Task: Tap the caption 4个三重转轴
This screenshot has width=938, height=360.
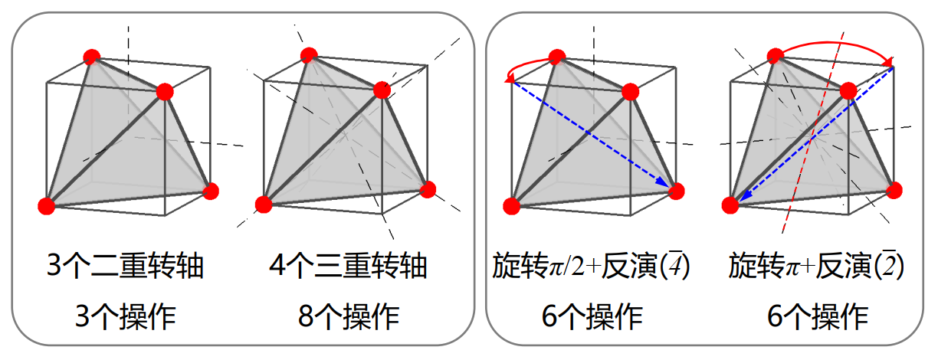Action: coord(348,267)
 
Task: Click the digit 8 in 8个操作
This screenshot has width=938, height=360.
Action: coord(305,315)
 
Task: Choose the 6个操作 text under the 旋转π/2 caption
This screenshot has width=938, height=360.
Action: coord(592,315)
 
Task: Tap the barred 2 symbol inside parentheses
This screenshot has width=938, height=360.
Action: coord(891,267)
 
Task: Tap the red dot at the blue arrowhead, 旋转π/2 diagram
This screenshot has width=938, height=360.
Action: coord(675,191)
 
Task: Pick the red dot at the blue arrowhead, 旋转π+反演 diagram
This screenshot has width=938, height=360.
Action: coord(730,205)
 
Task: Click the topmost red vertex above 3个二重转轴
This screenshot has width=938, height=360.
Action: coord(92,57)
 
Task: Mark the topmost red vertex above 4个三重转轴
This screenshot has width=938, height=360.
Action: coord(309,55)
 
